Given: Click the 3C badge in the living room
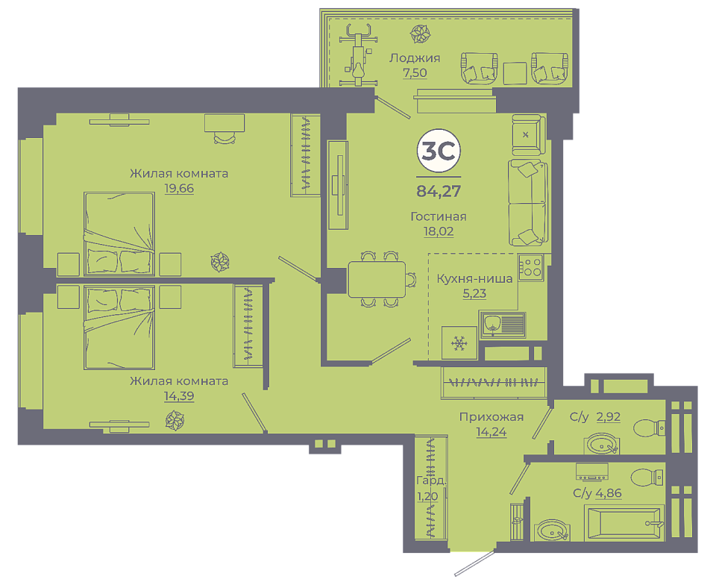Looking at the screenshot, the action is [x=439, y=150].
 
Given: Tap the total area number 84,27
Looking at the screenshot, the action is [x=439, y=191].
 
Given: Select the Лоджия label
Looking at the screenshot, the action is [x=415, y=58].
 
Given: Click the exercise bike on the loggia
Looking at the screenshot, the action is [x=359, y=54].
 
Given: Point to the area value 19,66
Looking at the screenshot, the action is [x=179, y=188].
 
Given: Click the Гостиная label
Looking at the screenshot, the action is [x=439, y=216].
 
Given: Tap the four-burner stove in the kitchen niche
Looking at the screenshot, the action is [x=530, y=268].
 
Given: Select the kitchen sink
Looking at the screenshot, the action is [x=502, y=325].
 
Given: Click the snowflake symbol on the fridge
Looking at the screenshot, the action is [x=459, y=343].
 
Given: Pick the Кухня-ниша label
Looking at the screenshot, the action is [x=474, y=278].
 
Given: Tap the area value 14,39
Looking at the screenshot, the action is [x=179, y=396].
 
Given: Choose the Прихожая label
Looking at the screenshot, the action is [x=492, y=417].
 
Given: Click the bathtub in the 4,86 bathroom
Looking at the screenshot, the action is [x=624, y=522].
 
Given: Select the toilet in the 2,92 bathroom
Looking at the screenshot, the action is [x=649, y=428].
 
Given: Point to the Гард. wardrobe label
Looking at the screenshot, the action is [x=431, y=481].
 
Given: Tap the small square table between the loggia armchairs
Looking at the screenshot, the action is [x=515, y=73].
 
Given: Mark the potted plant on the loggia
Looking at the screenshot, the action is [x=420, y=34].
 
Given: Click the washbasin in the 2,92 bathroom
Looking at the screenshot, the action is [x=602, y=444].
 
